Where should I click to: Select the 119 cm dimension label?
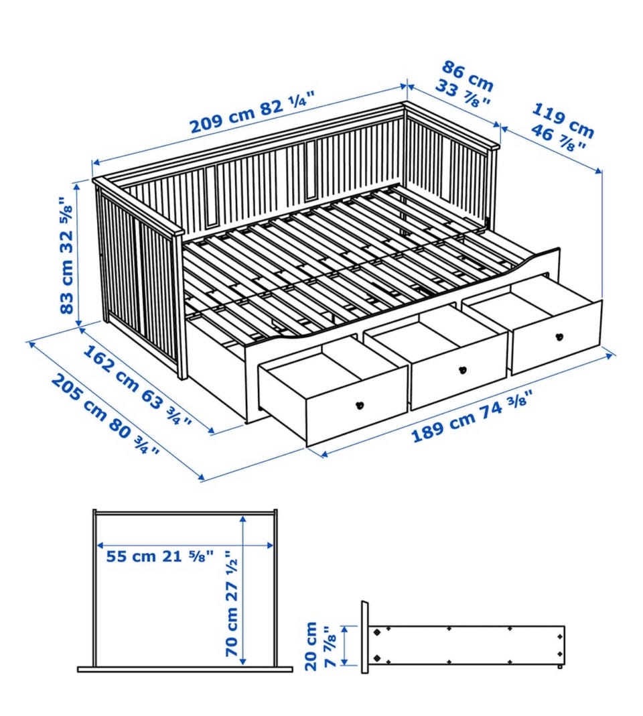click(563, 119)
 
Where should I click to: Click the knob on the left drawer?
click(358, 404)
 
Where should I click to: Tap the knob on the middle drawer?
click(461, 369)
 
